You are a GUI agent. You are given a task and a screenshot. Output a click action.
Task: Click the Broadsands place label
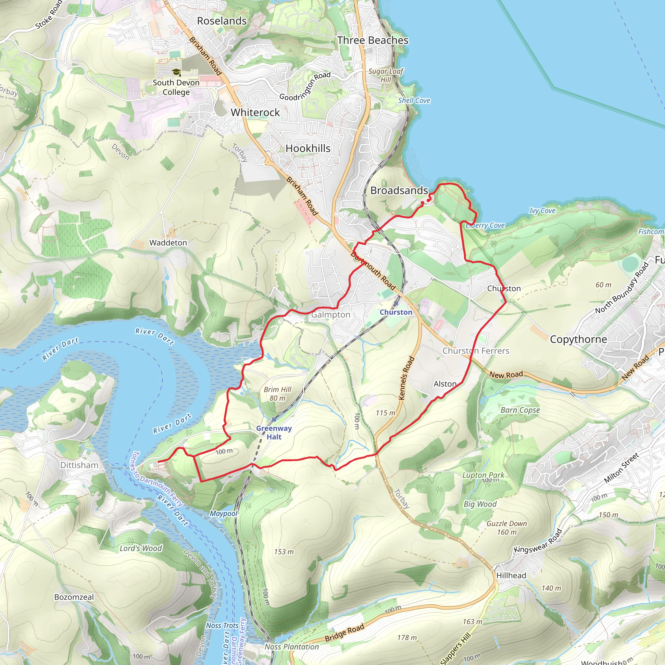399,190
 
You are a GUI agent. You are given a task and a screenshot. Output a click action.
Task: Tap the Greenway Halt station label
274,433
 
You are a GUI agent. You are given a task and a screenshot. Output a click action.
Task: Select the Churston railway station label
396,312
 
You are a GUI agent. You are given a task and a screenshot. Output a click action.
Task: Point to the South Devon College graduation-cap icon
176,72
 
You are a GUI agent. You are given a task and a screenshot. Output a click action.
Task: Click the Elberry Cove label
485,225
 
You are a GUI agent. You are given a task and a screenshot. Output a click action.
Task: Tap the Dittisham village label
79,465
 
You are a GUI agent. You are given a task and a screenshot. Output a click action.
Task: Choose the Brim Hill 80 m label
277,394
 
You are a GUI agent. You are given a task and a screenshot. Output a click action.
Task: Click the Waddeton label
168,243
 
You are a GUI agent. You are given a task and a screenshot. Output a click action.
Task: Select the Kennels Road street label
407,378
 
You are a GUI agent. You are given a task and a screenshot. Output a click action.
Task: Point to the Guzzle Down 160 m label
507,528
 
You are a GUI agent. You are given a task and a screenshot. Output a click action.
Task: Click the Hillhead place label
511,575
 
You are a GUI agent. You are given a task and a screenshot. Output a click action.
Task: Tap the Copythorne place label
578,339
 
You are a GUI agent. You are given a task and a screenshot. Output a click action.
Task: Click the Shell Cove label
414,101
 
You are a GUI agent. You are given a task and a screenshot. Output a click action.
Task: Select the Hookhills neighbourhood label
308,148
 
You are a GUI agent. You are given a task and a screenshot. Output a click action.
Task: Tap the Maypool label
224,514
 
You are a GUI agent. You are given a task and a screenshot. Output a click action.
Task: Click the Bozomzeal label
74,597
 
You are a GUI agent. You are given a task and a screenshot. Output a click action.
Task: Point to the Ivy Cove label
542,211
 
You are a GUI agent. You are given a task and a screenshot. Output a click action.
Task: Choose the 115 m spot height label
385,413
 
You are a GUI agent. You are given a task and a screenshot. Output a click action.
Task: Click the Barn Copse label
520,410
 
